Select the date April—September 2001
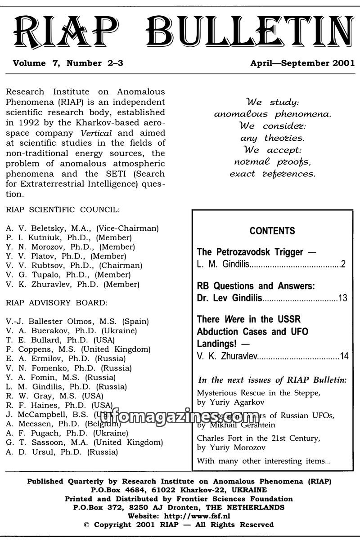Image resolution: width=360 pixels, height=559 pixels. tap(302, 63)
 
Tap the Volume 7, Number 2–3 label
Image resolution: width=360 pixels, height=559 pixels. tap(68, 63)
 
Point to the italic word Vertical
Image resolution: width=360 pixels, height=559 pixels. tap(96, 133)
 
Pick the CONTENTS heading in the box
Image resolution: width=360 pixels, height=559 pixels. tap(272, 231)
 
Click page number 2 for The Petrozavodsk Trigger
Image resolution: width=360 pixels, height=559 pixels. tap(343, 264)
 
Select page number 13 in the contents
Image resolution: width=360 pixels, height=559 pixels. tap(342, 298)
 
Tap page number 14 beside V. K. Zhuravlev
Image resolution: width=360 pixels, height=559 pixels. tap(344, 357)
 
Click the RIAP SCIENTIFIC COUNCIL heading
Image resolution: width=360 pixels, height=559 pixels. tap(63, 210)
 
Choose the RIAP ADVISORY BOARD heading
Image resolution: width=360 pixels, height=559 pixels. tap(57, 303)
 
